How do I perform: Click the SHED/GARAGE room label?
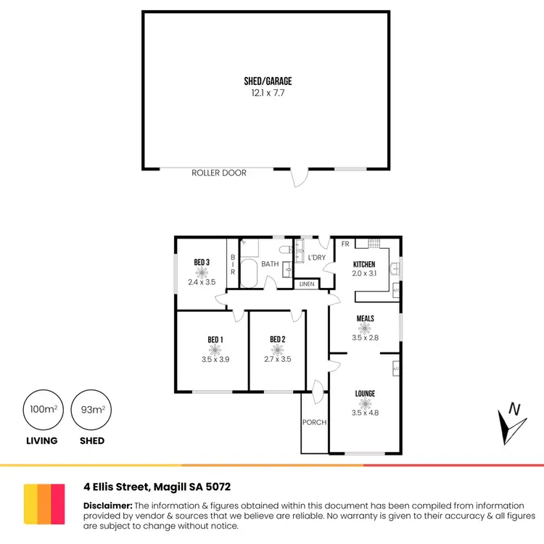[x=268, y=82]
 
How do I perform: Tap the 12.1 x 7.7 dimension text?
[x=268, y=94]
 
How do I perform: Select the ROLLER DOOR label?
[x=219, y=173]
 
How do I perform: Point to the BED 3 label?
[x=202, y=262]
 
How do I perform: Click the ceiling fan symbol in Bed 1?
[x=215, y=349]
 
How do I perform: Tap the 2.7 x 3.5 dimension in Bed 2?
[x=276, y=359]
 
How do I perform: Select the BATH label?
[x=270, y=264]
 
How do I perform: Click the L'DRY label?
[x=316, y=258]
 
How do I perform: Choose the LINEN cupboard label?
[x=307, y=284]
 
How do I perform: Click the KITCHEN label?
[x=364, y=264]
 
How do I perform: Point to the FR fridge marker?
[x=345, y=244]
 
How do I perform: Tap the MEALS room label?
[x=365, y=318]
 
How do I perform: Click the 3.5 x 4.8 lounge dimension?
[x=365, y=413]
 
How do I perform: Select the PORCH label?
[x=314, y=422]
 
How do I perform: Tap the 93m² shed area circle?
[x=92, y=411]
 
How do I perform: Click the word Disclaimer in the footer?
[x=107, y=506]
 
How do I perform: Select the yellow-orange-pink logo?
[x=43, y=503]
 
